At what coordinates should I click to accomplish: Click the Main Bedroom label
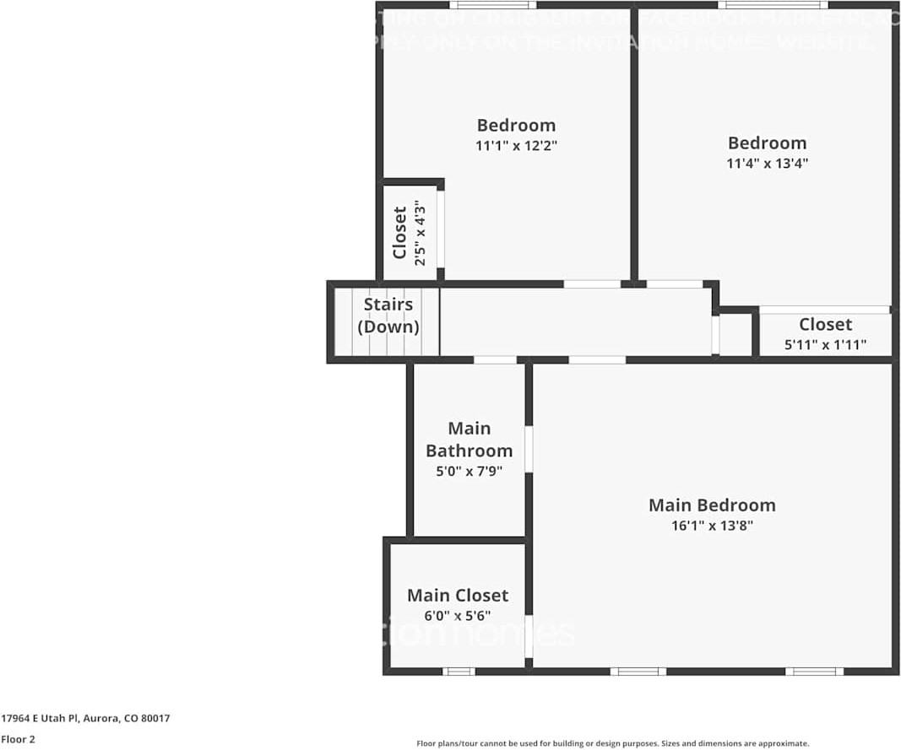712,505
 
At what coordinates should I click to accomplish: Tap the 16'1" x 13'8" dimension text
712,526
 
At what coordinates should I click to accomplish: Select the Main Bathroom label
469,440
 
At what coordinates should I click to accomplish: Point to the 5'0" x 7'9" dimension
469,472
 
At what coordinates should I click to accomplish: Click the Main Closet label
458,596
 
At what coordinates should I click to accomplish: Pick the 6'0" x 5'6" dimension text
458,616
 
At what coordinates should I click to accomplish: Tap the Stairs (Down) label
388,316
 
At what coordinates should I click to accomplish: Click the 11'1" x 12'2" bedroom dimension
516,145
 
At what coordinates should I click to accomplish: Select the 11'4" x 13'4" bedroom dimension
768,164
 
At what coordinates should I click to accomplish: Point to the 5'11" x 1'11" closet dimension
825,345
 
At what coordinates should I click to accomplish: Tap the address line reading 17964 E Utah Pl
85,719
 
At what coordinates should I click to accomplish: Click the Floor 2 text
18,740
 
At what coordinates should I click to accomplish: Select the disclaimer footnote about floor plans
612,743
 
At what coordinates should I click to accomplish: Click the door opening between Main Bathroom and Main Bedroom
529,449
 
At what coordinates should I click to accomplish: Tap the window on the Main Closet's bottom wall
459,672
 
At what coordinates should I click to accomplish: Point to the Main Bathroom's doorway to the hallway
495,360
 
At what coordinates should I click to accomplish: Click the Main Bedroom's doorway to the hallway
597,360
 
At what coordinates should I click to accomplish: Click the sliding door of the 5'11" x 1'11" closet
824,310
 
